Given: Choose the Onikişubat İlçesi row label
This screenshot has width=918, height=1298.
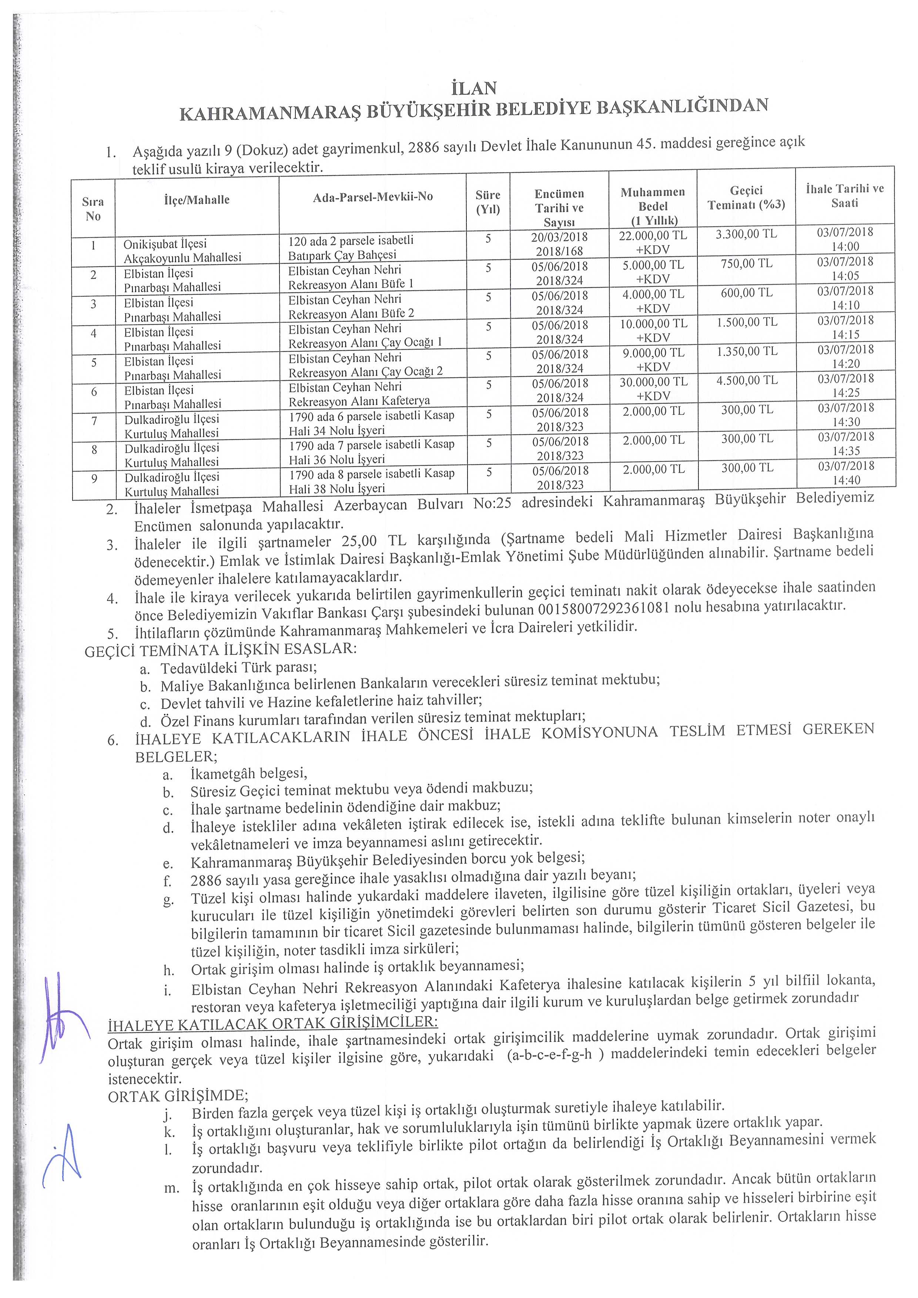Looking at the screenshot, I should [x=165, y=244].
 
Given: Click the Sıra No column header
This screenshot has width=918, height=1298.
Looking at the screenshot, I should [x=93, y=209].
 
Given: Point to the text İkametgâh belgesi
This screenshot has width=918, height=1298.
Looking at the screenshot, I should [x=249, y=773].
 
